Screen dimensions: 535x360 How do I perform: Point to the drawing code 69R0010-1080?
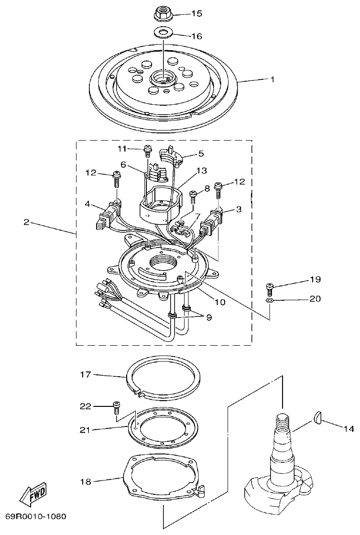click(x=35, y=517)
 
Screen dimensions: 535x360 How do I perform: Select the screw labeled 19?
click(x=270, y=288)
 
